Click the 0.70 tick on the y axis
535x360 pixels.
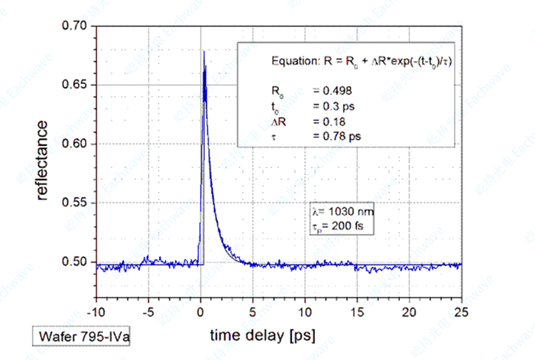77,26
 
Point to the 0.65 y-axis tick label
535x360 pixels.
77,85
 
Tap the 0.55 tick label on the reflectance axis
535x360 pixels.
77,203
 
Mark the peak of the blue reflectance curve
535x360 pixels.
204,52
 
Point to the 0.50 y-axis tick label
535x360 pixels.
77,262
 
